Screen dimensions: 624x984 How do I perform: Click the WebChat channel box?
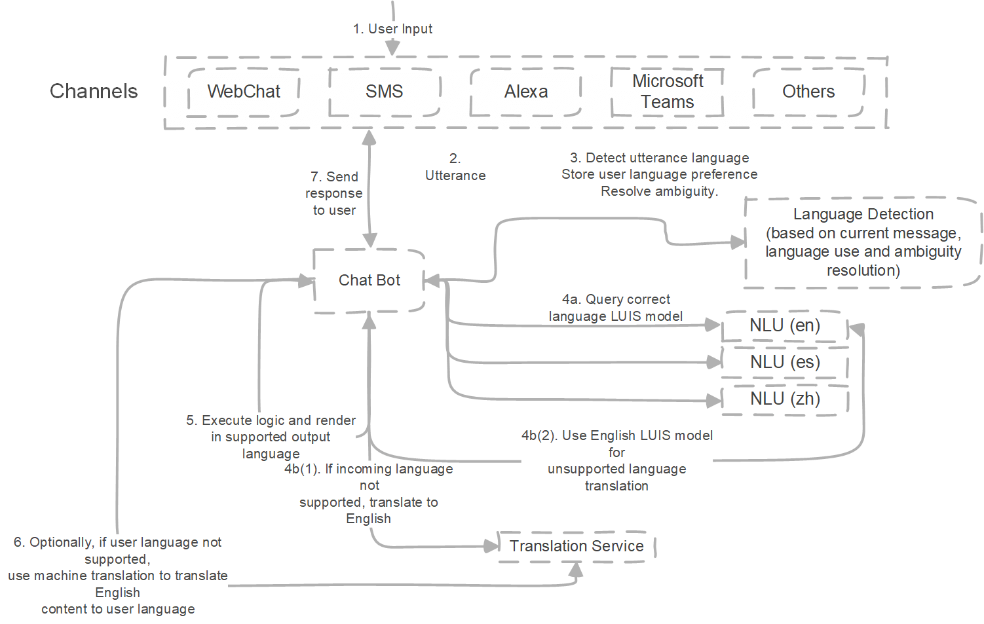pyautogui.click(x=244, y=92)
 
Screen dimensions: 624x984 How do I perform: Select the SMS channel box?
pyautogui.click(x=384, y=92)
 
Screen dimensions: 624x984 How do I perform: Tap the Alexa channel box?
pyautogui.click(x=526, y=92)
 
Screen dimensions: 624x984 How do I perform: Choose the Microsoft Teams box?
pyautogui.click(x=667, y=92)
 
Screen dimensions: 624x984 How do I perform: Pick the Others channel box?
pyautogui.click(x=808, y=92)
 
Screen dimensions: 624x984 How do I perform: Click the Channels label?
pyautogui.click(x=94, y=91)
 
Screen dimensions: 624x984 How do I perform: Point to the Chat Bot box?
pyautogui.click(x=369, y=280)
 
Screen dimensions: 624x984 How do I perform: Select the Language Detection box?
pyautogui.click(x=863, y=242)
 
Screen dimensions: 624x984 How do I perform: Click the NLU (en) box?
pyautogui.click(x=785, y=325)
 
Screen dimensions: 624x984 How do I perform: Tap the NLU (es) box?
pyautogui.click(x=785, y=362)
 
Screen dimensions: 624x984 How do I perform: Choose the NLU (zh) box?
pyautogui.click(x=785, y=399)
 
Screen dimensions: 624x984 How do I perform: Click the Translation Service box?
pyautogui.click(x=577, y=546)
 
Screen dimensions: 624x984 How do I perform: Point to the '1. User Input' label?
pyautogui.click(x=392, y=29)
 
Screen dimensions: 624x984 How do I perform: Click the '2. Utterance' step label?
pyautogui.click(x=455, y=168)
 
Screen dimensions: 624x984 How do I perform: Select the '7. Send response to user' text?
pyautogui.click(x=334, y=193)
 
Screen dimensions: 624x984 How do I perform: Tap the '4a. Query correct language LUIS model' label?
pyautogui.click(x=616, y=308)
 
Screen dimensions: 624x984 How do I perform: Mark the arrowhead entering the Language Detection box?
pyautogui.click(x=739, y=242)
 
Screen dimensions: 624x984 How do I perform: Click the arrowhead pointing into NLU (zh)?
pyautogui.click(x=714, y=401)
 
